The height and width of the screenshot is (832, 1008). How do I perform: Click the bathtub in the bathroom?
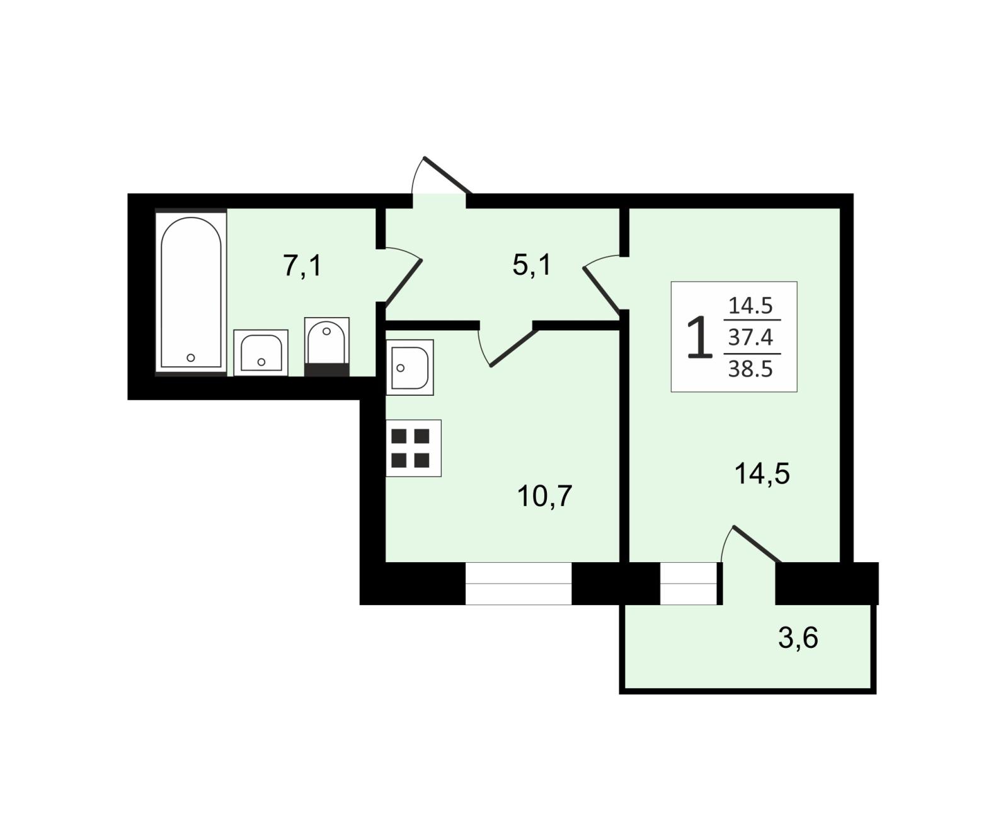point(191,292)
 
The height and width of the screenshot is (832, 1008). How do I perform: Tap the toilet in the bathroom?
point(326,346)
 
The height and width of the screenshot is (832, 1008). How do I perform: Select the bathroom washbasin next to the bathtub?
point(261,352)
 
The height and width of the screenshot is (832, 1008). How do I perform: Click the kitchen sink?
point(409,367)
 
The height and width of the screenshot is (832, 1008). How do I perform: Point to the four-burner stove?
point(413,448)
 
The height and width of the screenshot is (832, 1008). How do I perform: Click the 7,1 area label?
point(302,266)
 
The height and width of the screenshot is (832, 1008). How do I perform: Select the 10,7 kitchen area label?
point(545,496)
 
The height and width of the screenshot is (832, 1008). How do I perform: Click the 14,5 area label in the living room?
point(762,473)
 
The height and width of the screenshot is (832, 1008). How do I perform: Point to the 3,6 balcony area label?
point(798,638)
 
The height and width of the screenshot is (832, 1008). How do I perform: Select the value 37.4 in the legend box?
point(750,338)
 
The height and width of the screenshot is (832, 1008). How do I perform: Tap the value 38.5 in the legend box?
point(750,369)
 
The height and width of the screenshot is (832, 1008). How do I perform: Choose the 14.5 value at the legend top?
point(750,306)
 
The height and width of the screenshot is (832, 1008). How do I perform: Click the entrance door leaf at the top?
point(448,175)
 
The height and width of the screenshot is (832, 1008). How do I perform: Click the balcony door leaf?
point(757,543)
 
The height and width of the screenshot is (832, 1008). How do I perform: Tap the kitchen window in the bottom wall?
point(518,584)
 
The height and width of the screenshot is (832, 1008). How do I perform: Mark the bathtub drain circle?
point(191,358)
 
